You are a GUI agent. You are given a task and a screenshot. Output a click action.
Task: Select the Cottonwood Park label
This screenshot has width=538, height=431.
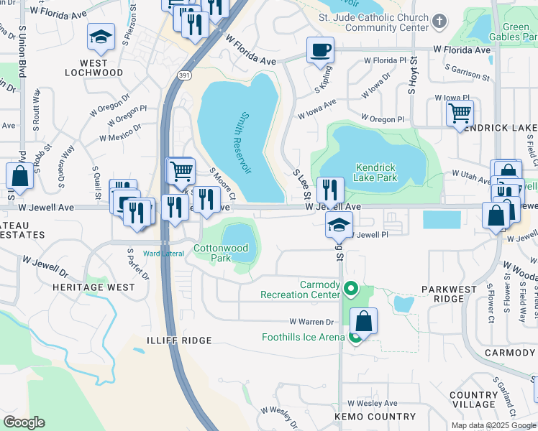point(221,253)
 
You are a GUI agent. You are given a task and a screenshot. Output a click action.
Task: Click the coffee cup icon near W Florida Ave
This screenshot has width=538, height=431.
point(320,50)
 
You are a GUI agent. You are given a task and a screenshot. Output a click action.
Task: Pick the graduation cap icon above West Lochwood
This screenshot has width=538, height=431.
point(101,37)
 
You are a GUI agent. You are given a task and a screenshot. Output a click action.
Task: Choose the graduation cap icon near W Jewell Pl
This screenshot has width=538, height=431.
point(339,225)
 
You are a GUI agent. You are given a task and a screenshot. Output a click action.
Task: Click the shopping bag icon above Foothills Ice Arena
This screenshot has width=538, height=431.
point(364,321)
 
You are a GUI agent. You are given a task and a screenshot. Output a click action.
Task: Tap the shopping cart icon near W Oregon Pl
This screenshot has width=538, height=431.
point(460,113)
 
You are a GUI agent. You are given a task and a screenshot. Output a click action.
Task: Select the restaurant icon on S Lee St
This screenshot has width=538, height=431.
point(330,190)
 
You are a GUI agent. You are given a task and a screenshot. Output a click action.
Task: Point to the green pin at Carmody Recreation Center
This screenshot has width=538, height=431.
point(351,289)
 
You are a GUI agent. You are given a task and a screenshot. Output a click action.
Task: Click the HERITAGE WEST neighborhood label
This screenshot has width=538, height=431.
point(93,287)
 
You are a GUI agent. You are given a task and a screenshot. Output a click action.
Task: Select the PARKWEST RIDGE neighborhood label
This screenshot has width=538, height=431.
point(448,295)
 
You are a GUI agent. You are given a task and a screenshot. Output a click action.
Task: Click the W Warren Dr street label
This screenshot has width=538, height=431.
point(312,322)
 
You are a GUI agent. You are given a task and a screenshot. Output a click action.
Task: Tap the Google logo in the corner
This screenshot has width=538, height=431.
point(24,422)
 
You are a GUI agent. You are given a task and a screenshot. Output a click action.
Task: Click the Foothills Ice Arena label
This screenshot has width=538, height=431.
point(304,336)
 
